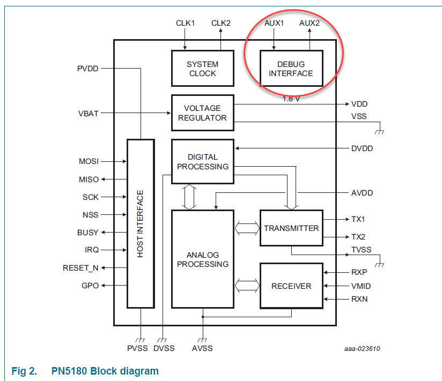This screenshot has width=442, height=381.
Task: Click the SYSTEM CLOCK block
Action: coord(202,69)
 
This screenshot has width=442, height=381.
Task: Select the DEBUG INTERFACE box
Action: coord(291,69)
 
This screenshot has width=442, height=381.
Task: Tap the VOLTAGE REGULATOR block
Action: coord(202,113)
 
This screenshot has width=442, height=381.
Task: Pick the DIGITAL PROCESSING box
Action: coord(202,161)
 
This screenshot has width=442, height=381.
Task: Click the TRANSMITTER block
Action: coord(291,228)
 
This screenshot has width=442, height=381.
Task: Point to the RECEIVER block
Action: coord(291,286)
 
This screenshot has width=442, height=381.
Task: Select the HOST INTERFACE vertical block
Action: coord(141,223)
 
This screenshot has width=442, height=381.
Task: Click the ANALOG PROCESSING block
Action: coord(202,259)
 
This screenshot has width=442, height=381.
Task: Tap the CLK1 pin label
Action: coord(185,23)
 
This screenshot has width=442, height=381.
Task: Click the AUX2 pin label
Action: coord(309,23)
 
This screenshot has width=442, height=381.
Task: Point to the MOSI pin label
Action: coord(89,161)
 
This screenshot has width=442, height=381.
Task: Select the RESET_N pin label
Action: coord(80,268)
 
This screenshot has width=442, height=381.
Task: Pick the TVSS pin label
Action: coord(361,250)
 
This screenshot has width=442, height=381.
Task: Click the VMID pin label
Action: coord(361,286)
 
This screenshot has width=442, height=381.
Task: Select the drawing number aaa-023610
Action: coord(362,349)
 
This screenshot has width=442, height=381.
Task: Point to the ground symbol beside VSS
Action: coord(380,131)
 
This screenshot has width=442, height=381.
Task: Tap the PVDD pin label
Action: coord(88,69)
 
